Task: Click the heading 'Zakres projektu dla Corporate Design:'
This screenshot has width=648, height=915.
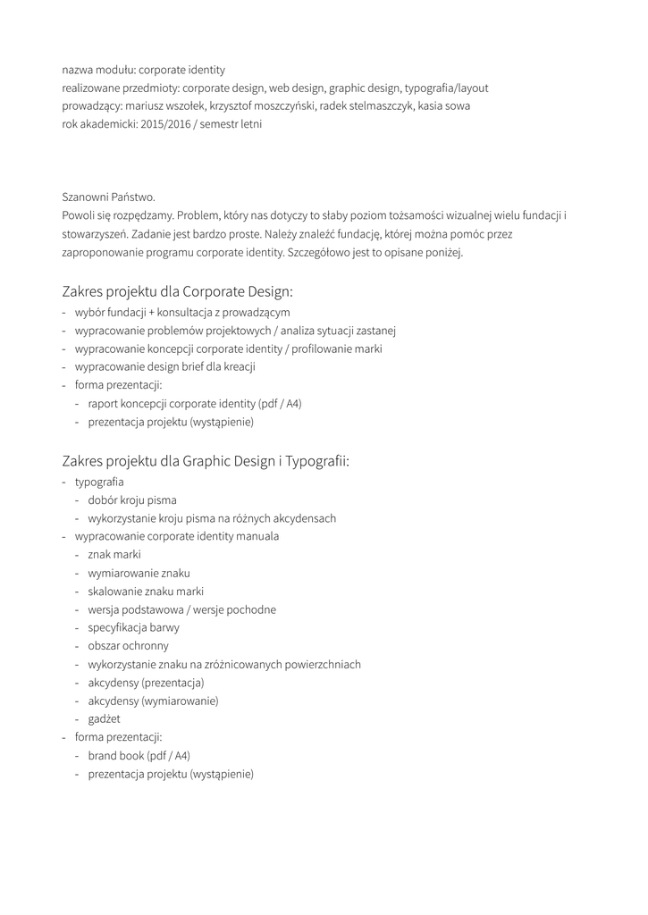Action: pyautogui.click(x=177, y=291)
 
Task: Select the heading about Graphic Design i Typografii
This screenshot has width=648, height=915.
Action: pyautogui.click(x=206, y=461)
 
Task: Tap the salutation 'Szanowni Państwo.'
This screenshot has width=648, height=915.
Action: pyautogui.click(x=108, y=197)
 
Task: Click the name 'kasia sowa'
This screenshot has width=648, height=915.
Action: pyautogui.click(x=445, y=105)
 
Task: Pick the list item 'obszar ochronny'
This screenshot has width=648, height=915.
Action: pyautogui.click(x=128, y=646)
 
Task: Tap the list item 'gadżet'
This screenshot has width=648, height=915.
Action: pyautogui.click(x=104, y=718)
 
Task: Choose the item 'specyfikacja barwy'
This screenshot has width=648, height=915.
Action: pyautogui.click(x=133, y=627)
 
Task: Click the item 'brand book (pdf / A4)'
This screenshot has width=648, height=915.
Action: pyautogui.click(x=139, y=755)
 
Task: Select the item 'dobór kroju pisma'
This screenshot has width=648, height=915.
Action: pyautogui.click(x=132, y=500)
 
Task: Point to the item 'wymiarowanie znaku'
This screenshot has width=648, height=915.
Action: pyautogui.click(x=139, y=573)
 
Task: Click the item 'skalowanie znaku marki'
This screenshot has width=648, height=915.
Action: pyautogui.click(x=146, y=592)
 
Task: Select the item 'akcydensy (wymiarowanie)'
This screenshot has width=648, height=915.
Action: pyautogui.click(x=153, y=701)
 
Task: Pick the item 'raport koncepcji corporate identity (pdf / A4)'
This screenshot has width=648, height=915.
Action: pyautogui.click(x=195, y=403)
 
